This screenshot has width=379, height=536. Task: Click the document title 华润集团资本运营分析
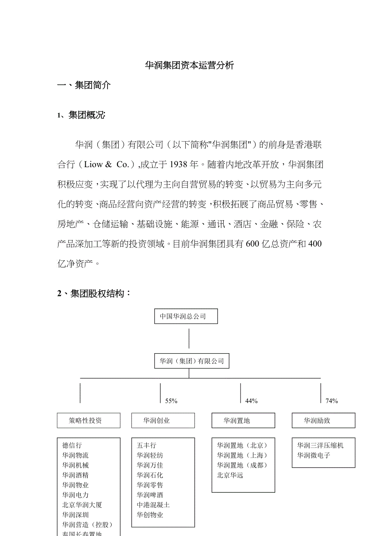[x=189, y=65]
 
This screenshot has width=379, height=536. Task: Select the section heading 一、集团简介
[x=84, y=86]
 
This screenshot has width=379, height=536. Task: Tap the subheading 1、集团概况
[x=81, y=115]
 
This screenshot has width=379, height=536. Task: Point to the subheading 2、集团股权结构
[x=94, y=294]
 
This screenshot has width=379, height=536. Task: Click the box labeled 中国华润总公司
[x=186, y=317]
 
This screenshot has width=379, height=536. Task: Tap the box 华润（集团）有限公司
[x=192, y=361]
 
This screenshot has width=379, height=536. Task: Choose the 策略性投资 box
[x=89, y=420]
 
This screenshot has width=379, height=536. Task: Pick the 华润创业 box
[x=163, y=420]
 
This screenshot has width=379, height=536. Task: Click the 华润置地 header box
[x=243, y=420]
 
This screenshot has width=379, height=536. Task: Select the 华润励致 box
[x=323, y=420]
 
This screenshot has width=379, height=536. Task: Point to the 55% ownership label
[x=171, y=401]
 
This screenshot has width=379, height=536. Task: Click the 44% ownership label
[x=251, y=401]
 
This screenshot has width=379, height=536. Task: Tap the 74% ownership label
[x=332, y=401]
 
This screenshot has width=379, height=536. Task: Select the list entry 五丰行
[x=147, y=445]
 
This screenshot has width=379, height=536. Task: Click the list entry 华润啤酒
[x=150, y=495]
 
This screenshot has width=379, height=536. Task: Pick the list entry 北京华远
[x=230, y=475]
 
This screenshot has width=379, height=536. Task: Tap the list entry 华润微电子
[x=314, y=455]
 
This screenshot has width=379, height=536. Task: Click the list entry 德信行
[x=72, y=445]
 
